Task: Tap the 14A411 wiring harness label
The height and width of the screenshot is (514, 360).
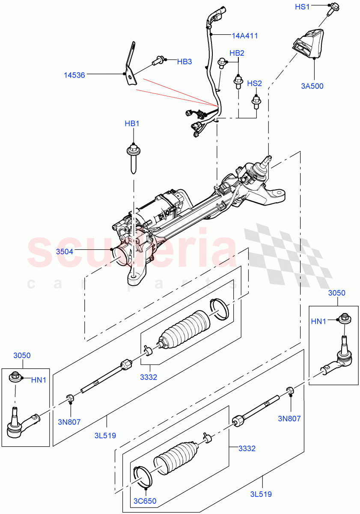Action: pyautogui.click(x=245, y=36)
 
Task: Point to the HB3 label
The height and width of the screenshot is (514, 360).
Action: pyautogui.click(x=184, y=62)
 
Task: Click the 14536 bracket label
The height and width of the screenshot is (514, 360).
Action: pyautogui.click(x=74, y=75)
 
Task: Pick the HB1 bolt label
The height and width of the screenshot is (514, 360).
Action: pyautogui.click(x=132, y=124)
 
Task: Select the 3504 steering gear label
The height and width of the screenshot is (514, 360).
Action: pyautogui.click(x=65, y=251)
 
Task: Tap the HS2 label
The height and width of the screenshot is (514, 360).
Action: pyautogui.click(x=254, y=83)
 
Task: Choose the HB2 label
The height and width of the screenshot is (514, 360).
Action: pyautogui.click(x=237, y=53)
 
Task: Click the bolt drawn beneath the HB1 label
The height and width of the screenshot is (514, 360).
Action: pyautogui.click(x=133, y=158)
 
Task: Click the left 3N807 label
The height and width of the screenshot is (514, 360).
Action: pyautogui.click(x=70, y=421)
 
